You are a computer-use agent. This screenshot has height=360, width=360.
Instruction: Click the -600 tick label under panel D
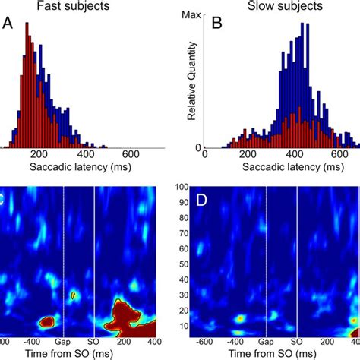coord(205,343)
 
